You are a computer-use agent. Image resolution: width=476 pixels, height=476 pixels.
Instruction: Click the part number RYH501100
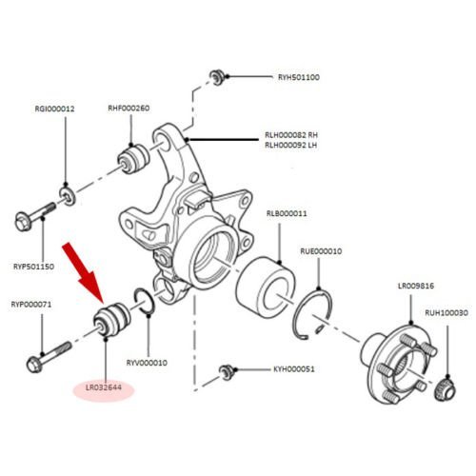299,77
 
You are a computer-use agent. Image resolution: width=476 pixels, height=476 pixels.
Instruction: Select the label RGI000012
54,109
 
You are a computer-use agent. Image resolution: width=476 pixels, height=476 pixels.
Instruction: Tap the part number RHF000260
129,109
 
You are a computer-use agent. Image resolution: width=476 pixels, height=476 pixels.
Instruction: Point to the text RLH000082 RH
291,135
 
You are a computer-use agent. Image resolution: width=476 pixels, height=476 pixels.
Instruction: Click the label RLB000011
287,213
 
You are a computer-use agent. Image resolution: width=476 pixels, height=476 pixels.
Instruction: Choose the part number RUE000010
321,251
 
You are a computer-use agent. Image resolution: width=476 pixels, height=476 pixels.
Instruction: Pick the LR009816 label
416,286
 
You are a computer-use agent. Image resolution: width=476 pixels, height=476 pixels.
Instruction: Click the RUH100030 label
446,313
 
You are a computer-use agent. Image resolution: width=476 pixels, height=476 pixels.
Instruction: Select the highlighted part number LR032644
104,387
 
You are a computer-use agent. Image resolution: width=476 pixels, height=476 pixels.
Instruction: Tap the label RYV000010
147,363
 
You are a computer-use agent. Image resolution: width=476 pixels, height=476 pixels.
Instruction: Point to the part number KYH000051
294,369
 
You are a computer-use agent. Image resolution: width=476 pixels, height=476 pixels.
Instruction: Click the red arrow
83,272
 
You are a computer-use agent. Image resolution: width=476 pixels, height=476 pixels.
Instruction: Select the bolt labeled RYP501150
35,216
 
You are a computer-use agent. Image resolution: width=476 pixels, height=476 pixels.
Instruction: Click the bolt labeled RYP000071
49,357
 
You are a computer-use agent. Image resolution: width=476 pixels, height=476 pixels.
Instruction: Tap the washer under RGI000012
68,196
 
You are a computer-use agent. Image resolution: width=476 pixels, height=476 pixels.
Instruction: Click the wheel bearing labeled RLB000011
266,288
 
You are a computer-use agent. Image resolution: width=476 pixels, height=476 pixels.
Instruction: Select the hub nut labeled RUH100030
446,389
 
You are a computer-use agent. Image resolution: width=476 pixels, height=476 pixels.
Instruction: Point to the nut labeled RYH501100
217,77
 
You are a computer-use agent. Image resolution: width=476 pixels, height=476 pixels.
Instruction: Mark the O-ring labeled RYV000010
145,302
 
